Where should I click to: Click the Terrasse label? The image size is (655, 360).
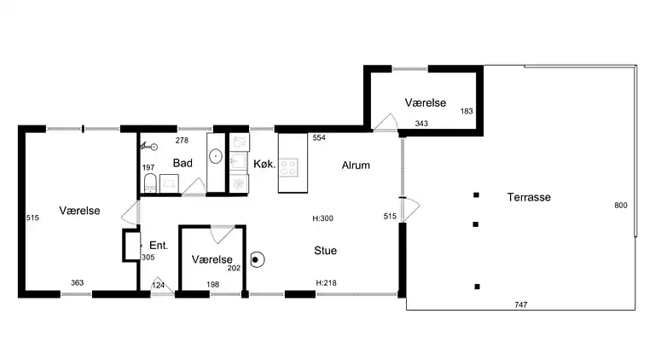[x=529, y=197]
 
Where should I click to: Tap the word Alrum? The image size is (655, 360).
[x=356, y=165]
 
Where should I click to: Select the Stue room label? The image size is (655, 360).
[x=325, y=251]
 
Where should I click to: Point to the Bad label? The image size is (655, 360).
[x=182, y=163]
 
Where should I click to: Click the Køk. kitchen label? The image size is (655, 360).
[x=264, y=165]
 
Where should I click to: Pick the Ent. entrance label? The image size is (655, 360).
[x=159, y=246]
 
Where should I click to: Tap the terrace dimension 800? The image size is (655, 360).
[x=620, y=206]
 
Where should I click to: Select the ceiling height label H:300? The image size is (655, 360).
[x=322, y=218]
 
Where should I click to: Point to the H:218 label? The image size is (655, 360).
[x=325, y=282]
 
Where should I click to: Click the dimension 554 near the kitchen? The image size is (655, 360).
[x=319, y=138]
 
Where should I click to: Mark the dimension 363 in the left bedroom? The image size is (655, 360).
[x=78, y=283]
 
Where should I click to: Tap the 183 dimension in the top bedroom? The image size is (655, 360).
[x=466, y=112]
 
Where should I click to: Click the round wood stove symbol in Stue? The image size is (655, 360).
[x=256, y=258]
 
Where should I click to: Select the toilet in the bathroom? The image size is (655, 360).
[x=149, y=183]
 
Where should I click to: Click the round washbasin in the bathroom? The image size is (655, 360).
[x=216, y=156]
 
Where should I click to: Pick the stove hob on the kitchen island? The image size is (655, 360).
[x=292, y=165]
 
